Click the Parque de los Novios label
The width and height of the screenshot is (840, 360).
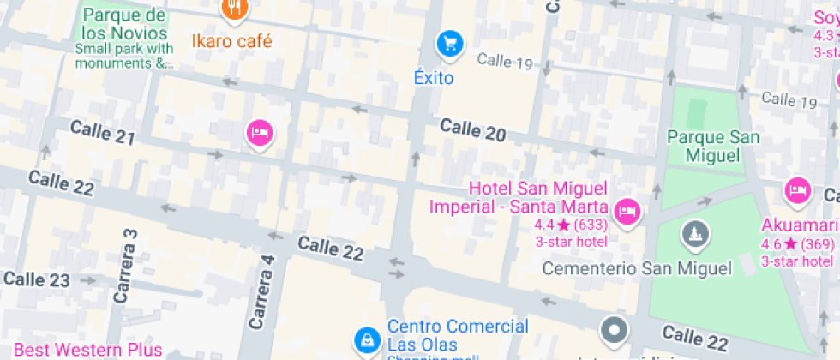(124, 25)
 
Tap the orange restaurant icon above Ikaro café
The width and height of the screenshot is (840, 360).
(234, 9)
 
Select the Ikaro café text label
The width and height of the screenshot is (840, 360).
(232, 40)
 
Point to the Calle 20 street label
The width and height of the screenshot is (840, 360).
(473, 130)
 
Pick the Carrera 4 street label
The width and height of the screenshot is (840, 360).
(261, 292)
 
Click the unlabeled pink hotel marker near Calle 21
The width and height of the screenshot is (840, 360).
(260, 133)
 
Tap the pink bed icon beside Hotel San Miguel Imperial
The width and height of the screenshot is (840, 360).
(628, 210)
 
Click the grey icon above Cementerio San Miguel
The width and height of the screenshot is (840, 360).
(693, 233)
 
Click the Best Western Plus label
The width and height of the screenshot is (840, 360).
(88, 350)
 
